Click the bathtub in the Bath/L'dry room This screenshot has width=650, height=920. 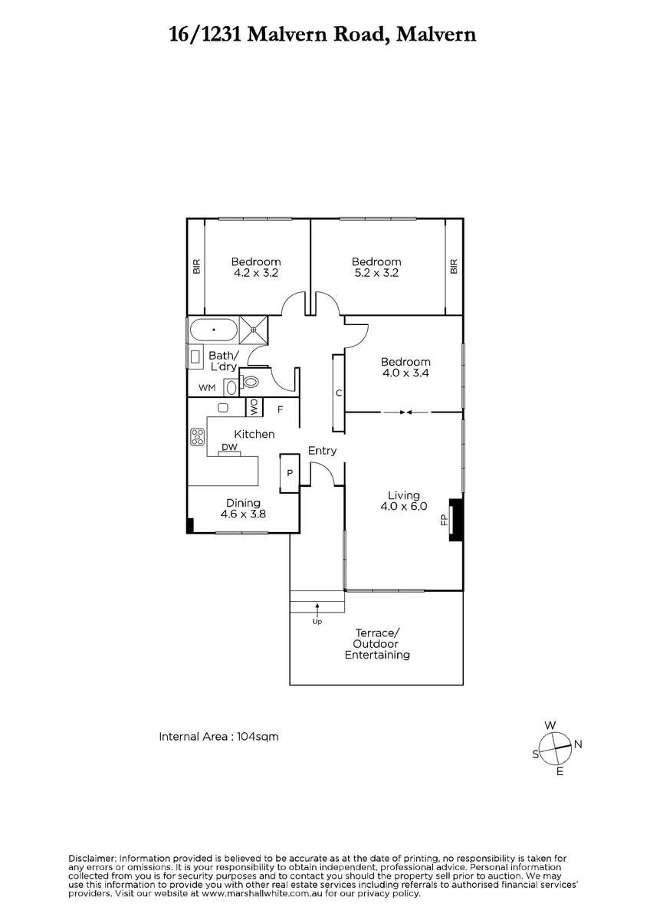(214, 330)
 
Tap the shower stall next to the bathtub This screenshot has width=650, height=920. (254, 330)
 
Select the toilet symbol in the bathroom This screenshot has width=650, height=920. (250, 383)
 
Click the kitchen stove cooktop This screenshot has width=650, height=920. (198, 436)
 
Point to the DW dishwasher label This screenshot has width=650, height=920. (229, 447)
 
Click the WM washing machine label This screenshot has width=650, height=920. (207, 388)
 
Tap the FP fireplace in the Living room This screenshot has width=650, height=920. (456, 520)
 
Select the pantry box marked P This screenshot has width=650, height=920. (290, 473)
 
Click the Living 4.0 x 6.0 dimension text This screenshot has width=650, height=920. (404, 506)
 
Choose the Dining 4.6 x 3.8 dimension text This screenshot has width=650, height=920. (243, 514)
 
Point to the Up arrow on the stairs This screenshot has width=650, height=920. (317, 610)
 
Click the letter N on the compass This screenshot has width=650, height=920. (578, 744)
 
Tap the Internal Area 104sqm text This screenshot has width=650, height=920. (218, 737)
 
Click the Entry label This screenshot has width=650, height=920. (323, 451)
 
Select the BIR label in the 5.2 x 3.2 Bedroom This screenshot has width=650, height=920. (454, 266)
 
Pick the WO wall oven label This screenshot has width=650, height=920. (254, 407)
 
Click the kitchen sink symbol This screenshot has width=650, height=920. (223, 407)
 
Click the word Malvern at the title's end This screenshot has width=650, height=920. (436, 34)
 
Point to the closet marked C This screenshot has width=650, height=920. (338, 393)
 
